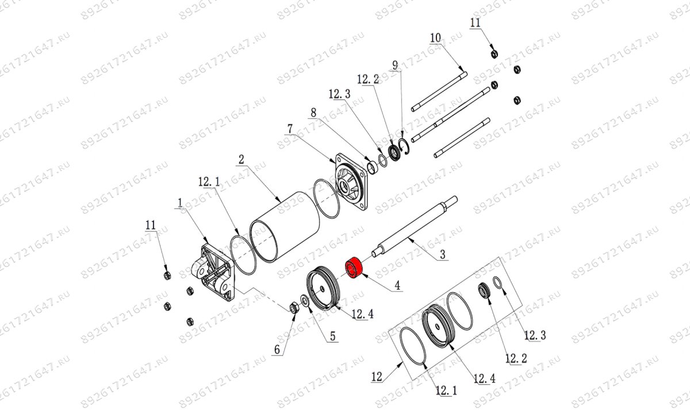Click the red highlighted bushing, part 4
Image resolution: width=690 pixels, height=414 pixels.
[353, 267]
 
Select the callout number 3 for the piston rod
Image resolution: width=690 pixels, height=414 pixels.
[442, 254]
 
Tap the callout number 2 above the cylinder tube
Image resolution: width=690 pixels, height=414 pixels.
[241, 160]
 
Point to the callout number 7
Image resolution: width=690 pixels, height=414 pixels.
[290, 129]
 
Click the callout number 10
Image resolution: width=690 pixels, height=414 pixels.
[436, 38]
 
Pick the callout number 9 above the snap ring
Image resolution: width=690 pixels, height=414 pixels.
[395, 65]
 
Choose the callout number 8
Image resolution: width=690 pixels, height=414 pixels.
[313, 113]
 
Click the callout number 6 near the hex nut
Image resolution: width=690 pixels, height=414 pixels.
[277, 350]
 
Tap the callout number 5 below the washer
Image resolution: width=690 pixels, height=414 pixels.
[333, 336]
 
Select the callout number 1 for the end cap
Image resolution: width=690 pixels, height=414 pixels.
[180, 203]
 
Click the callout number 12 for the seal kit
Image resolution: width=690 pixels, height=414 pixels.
[377, 377]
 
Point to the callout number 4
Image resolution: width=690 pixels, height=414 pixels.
[397, 285]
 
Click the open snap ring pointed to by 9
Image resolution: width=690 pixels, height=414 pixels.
[404, 147]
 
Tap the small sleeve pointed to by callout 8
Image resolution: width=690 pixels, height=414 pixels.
[373, 166]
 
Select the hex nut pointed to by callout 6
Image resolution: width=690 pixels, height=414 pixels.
[294, 308]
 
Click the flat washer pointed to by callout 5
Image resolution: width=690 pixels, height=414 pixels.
[305, 301]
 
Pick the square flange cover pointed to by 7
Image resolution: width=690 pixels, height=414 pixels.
[351, 182]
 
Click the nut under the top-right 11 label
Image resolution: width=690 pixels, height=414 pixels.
[494, 54]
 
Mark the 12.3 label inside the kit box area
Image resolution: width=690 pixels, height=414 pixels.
[535, 335]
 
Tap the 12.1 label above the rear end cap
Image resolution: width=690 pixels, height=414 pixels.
[209, 182]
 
